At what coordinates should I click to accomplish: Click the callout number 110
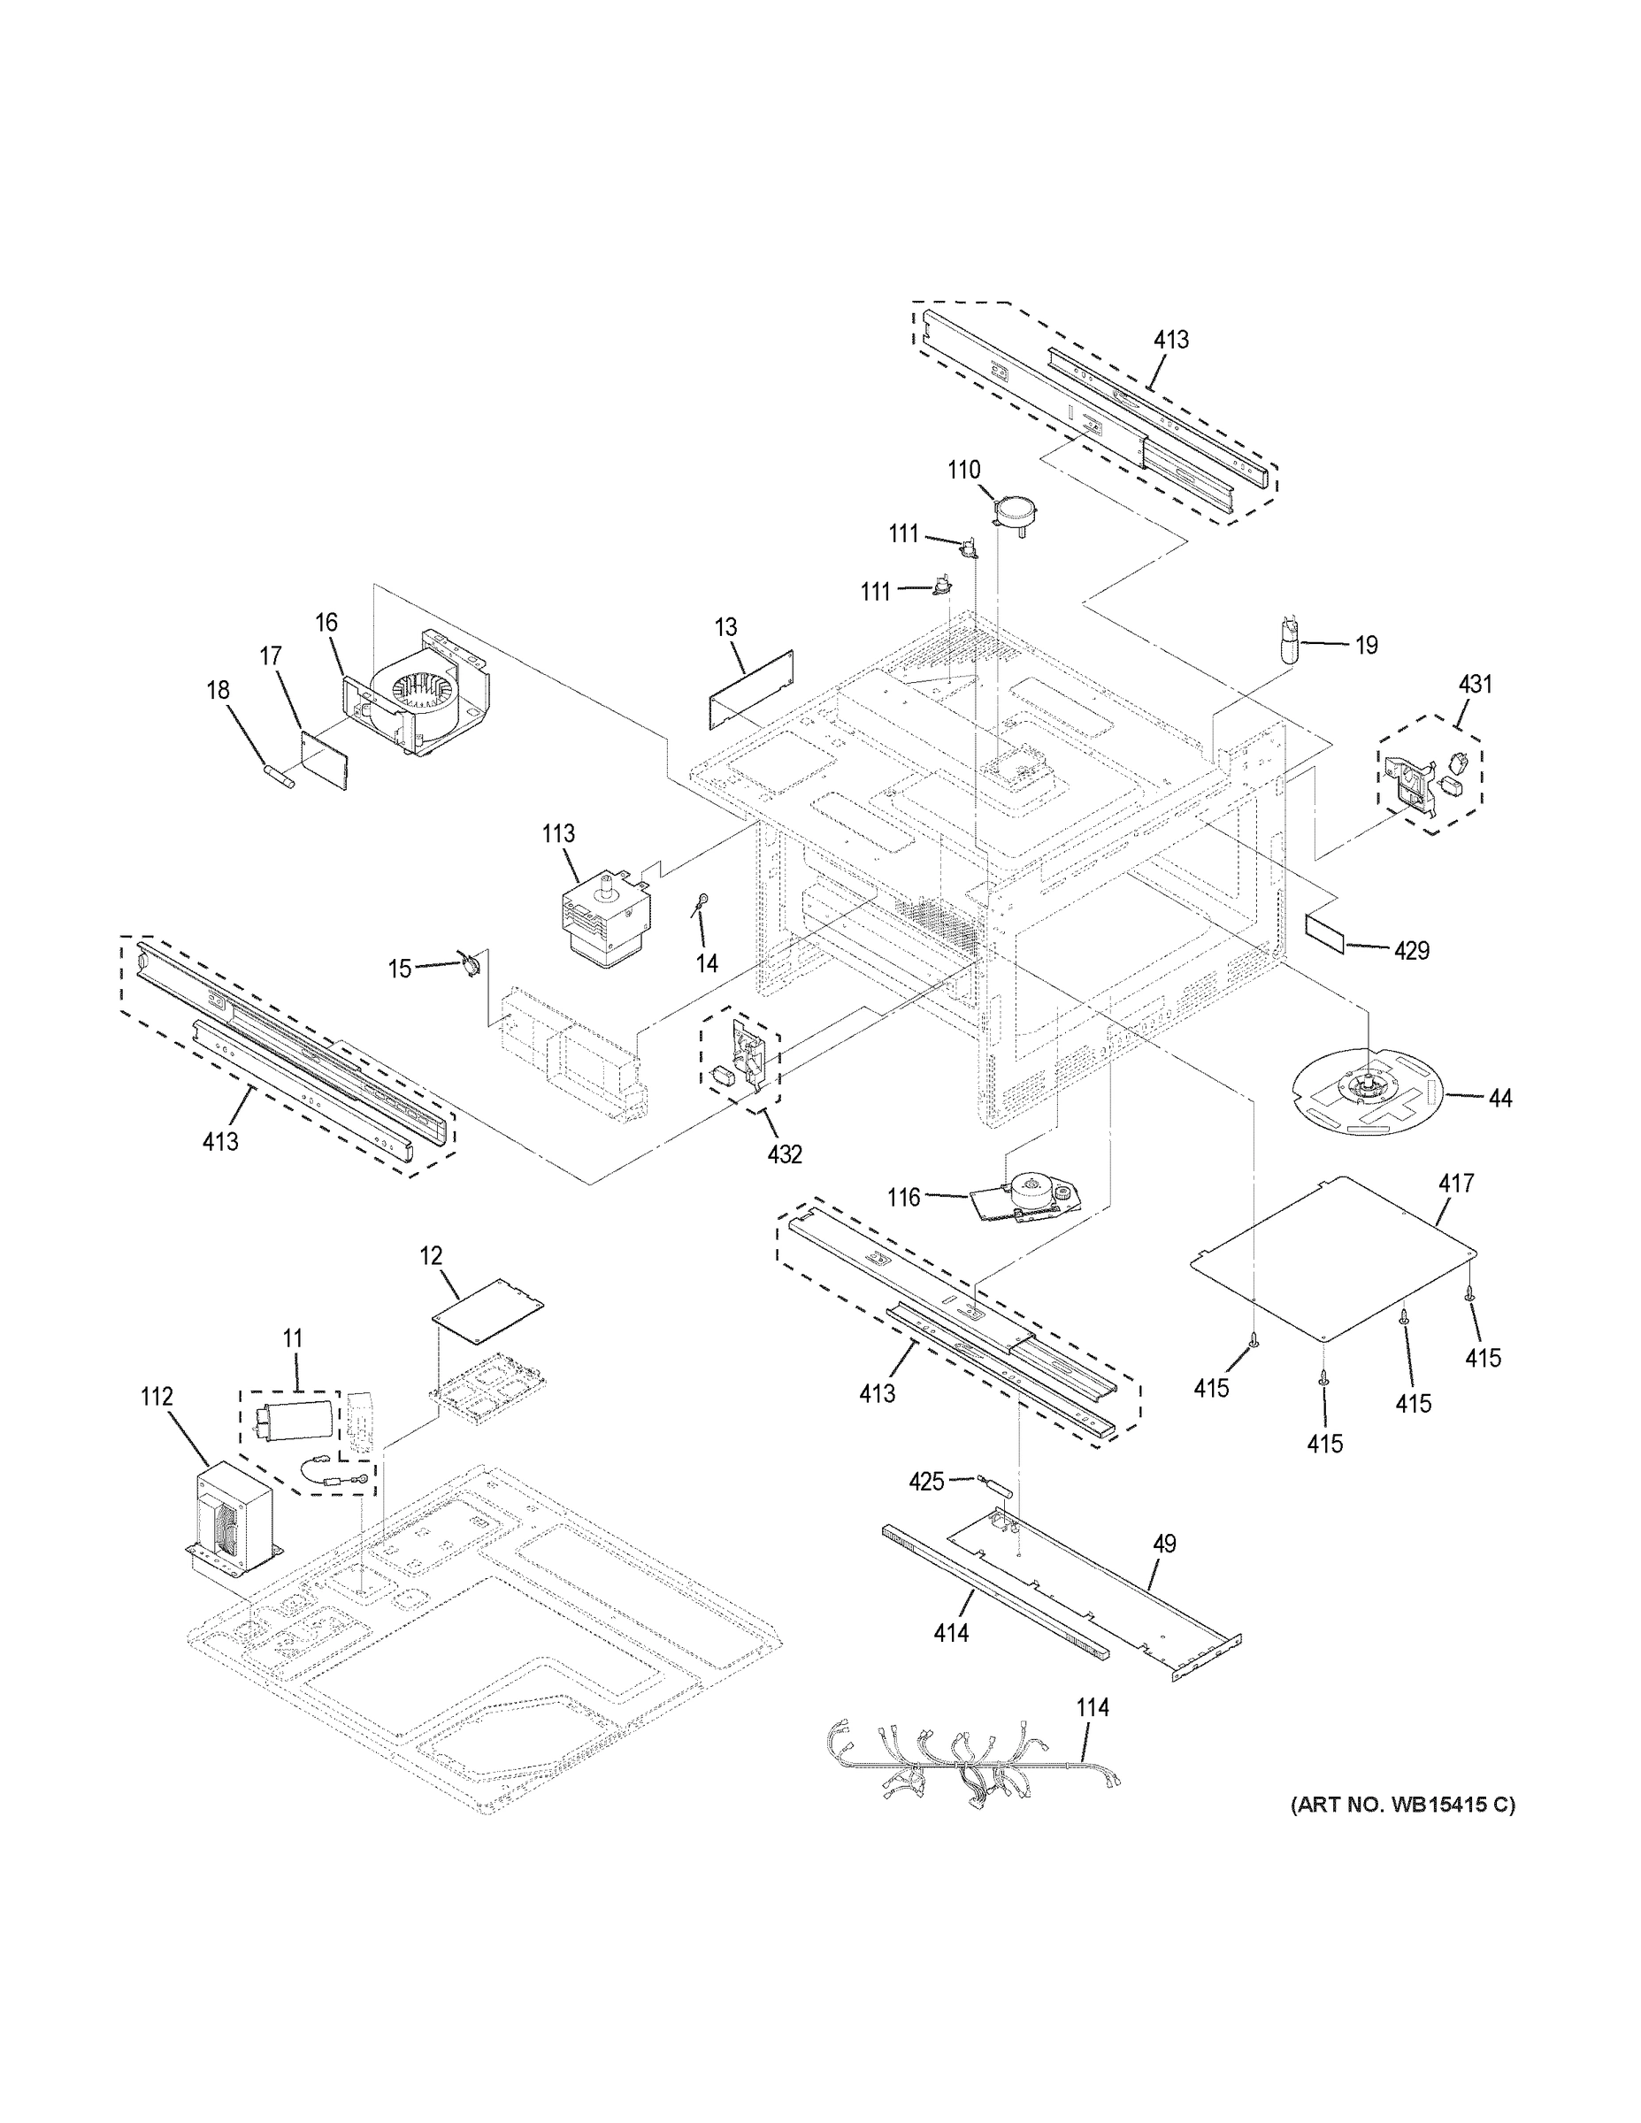(964, 470)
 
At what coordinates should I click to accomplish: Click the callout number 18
(218, 689)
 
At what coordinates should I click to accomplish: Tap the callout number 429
(1411, 951)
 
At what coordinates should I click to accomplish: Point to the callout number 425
(925, 1481)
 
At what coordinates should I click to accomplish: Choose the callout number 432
(785, 1153)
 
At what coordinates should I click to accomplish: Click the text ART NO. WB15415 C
(1401, 1805)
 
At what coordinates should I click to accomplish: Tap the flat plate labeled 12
(487, 1309)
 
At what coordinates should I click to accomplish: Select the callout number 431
(1475, 684)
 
